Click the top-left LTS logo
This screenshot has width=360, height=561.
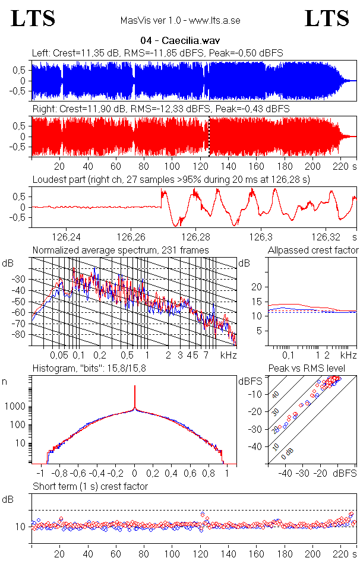coord(33,18)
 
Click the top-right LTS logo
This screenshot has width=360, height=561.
coord(327,18)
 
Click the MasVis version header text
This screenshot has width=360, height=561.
coord(180,21)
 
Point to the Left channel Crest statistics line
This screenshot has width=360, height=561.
coord(157,53)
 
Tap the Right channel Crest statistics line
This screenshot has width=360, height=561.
coord(161,109)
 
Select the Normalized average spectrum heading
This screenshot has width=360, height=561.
coord(121,250)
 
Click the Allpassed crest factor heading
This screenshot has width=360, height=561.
coord(313,250)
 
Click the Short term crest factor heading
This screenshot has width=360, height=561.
coord(90,486)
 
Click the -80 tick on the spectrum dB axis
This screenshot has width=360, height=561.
coord(20,334)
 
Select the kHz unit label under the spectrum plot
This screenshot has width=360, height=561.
coord(229,355)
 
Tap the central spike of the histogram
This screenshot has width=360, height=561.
coord(135,395)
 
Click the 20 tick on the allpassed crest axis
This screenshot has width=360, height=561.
coord(257,287)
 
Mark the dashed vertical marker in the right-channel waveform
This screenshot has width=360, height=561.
coord(209,137)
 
